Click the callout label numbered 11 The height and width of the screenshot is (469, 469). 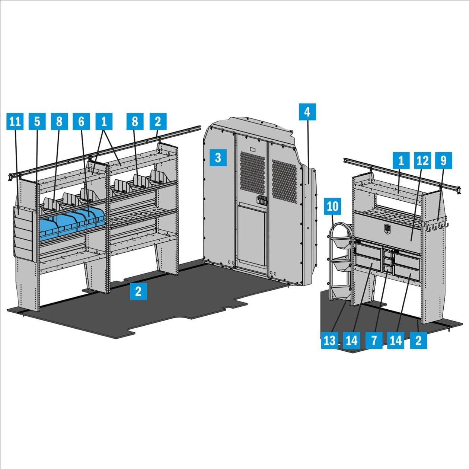point(15,121)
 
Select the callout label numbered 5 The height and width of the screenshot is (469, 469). point(37,121)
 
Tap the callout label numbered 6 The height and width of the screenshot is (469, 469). point(81,121)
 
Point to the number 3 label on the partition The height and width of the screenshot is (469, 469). point(218,157)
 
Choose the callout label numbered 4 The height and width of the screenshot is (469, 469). point(307,112)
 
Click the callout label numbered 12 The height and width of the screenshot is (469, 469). point(422,160)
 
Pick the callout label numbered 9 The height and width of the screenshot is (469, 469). point(444,160)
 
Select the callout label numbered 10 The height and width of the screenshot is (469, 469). point(332,206)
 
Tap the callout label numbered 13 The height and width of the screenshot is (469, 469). point(330,340)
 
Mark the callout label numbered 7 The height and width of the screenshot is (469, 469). point(374,340)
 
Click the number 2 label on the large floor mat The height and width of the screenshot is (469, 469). point(138,291)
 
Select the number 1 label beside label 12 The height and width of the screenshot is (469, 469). point(401,160)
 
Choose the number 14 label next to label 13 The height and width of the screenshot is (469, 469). point(352,340)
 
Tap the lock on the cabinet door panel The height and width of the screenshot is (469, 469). point(387,228)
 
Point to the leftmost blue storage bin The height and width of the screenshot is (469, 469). point(49,229)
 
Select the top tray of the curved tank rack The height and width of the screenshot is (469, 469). point(341,243)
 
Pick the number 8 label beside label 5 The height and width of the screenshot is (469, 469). point(59,121)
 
